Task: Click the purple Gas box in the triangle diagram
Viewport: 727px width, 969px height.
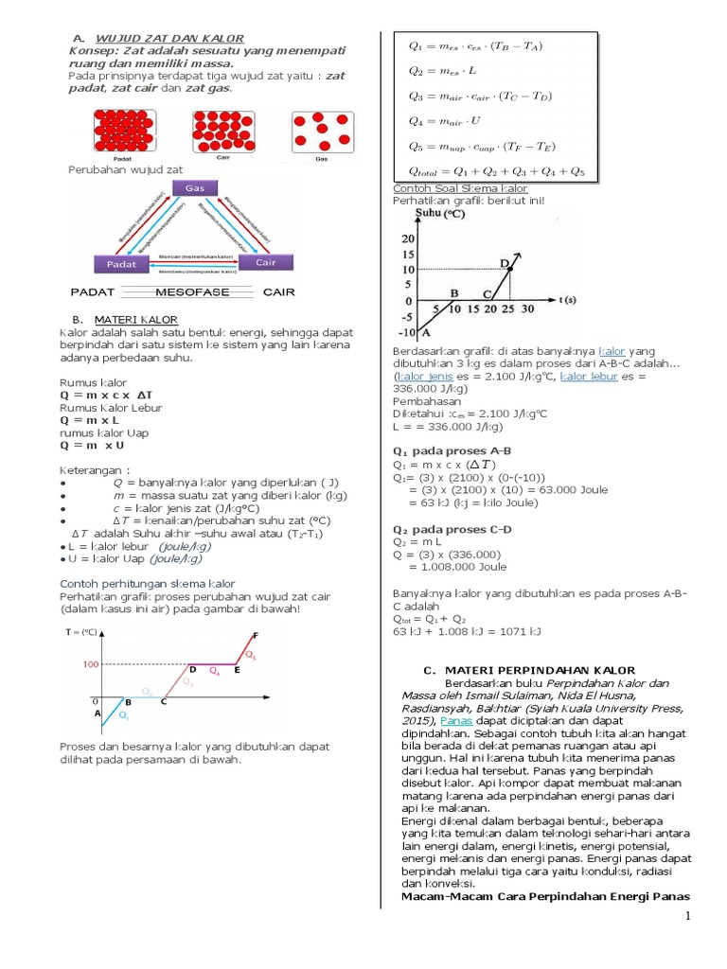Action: [195, 188]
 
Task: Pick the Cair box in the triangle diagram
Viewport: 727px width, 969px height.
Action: [266, 262]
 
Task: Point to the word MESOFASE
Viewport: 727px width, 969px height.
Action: [192, 292]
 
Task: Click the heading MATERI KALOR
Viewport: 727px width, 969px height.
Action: [138, 319]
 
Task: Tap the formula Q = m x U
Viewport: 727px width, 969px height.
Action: [93, 445]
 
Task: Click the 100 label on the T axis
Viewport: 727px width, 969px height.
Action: [89, 664]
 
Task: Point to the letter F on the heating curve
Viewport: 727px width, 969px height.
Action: [254, 635]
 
